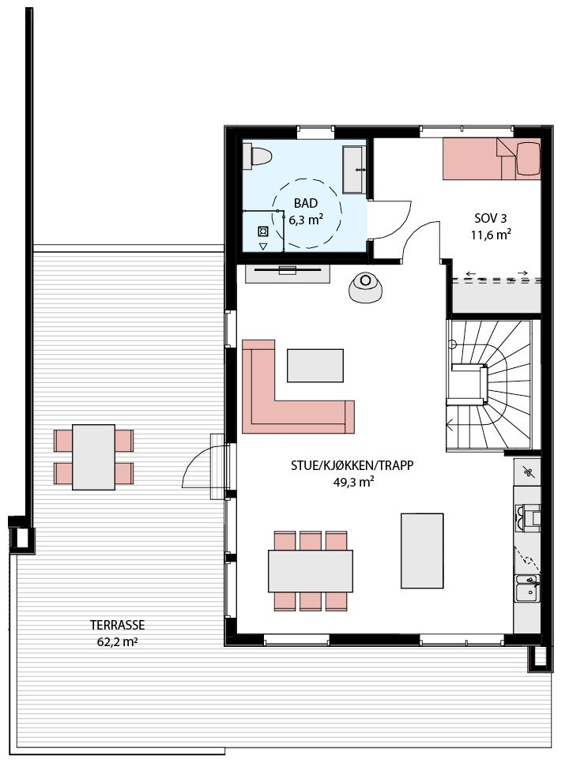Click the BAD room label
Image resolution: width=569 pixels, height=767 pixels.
tap(306, 203)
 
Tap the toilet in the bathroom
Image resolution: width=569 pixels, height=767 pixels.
tap(257, 156)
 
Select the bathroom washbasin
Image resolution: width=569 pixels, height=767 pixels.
tap(353, 169)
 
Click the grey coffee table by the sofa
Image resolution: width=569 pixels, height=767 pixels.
tap(315, 366)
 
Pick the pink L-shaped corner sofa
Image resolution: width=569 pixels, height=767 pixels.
tap(269, 395)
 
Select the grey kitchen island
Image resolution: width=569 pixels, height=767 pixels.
tap(422, 550)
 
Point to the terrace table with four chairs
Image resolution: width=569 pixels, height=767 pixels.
tap(93, 457)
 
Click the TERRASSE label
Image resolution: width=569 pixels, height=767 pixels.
tap(116, 626)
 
